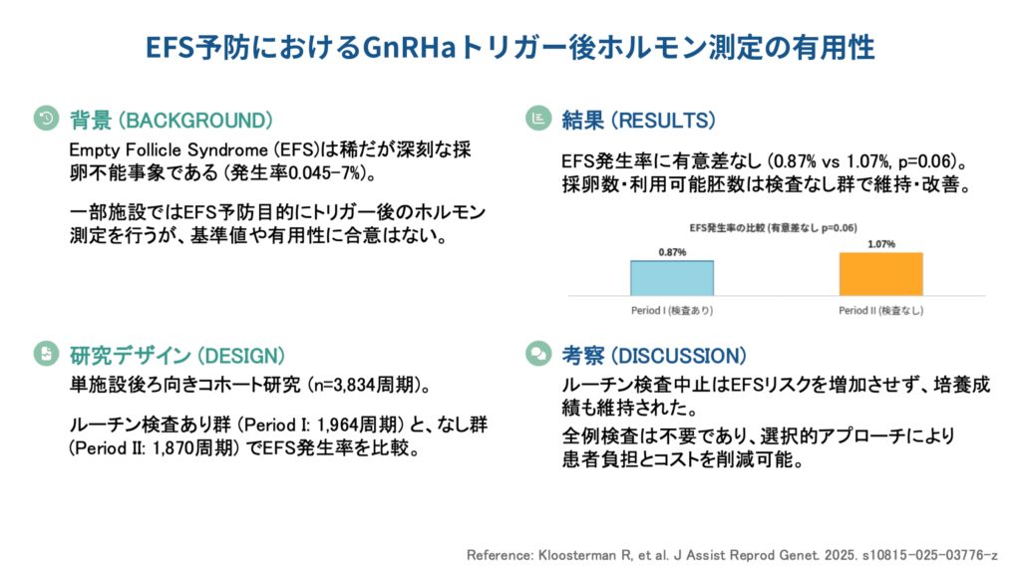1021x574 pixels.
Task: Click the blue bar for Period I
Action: point(671,278)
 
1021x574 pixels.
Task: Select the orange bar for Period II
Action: point(880,274)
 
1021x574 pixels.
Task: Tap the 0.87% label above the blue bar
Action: point(672,252)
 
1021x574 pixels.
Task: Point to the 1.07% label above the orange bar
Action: point(881,244)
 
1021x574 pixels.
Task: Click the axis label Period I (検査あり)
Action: point(672,311)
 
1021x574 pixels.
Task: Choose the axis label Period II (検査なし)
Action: point(881,311)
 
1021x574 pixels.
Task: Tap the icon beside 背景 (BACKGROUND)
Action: point(46,119)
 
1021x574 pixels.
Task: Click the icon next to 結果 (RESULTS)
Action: point(538,119)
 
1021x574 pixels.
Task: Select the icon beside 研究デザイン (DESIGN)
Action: point(46,354)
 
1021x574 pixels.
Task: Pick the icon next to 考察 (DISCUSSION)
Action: point(538,354)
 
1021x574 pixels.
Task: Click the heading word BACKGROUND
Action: point(194,121)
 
